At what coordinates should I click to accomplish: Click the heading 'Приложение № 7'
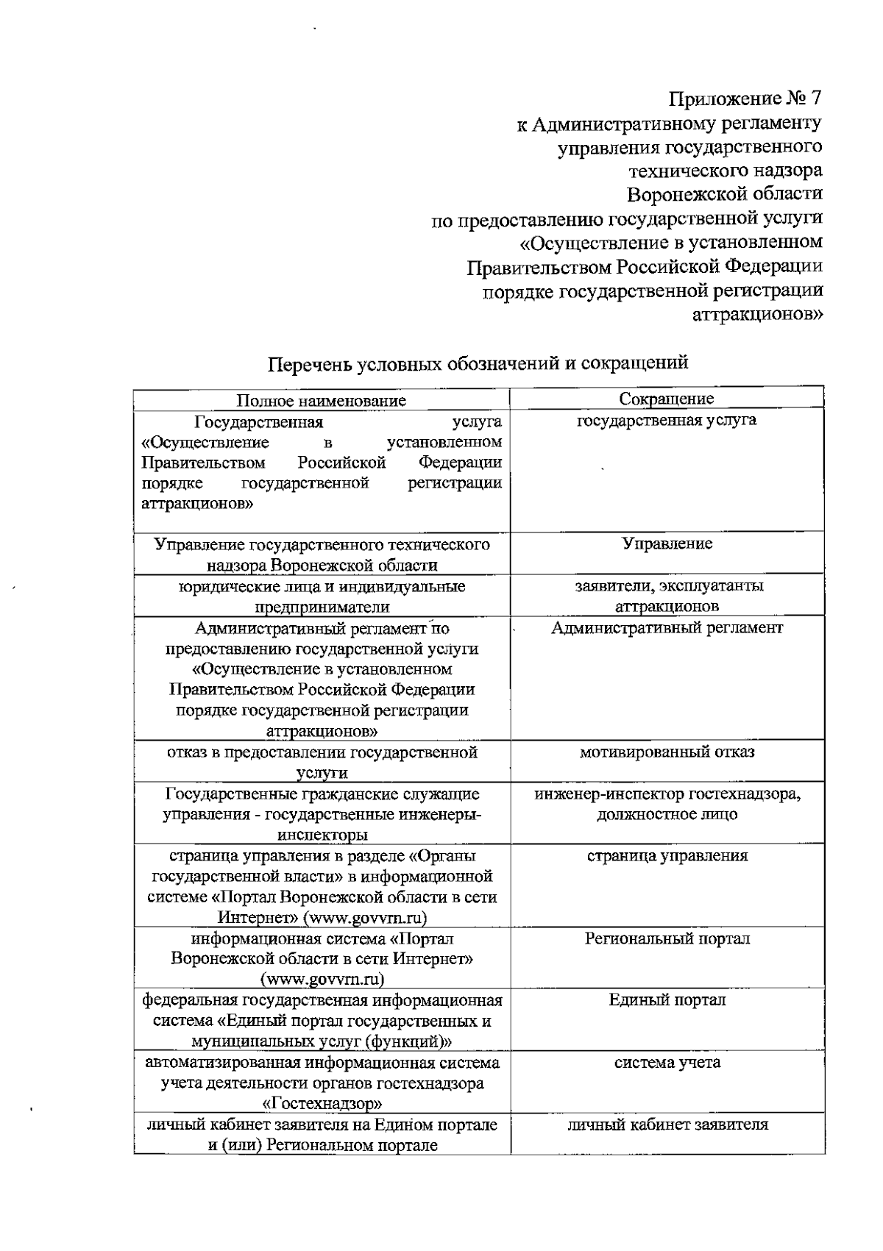(x=745, y=99)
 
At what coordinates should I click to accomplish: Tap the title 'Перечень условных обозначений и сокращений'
(x=478, y=363)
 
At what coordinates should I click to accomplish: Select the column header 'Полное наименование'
(x=321, y=400)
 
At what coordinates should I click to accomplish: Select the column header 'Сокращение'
(x=666, y=399)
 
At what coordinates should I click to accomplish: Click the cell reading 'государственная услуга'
(x=666, y=421)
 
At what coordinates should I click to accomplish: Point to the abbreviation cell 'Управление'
(x=667, y=543)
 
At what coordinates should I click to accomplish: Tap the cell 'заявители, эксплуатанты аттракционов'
(x=667, y=596)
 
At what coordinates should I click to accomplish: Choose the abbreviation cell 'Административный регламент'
(x=667, y=628)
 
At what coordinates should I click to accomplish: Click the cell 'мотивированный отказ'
(x=667, y=752)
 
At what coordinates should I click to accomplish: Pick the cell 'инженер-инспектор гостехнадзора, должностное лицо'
(x=667, y=805)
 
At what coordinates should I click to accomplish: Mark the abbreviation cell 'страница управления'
(x=667, y=856)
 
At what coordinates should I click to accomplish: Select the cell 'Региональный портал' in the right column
(x=667, y=939)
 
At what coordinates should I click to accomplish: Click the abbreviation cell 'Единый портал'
(x=667, y=1000)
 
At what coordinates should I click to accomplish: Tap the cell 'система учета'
(x=667, y=1063)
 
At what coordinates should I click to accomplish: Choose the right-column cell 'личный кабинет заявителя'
(x=667, y=1125)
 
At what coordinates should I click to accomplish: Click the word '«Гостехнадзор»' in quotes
(x=322, y=1104)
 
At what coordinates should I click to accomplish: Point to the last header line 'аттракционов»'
(x=758, y=314)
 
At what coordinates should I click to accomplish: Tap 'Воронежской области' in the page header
(x=724, y=194)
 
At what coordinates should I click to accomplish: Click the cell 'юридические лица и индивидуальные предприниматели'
(x=322, y=596)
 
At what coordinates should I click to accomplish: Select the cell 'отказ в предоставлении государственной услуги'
(x=322, y=762)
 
